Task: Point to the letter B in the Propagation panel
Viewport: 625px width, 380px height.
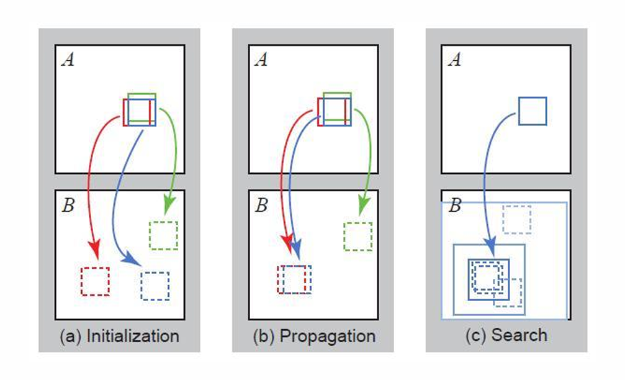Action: pyautogui.click(x=261, y=205)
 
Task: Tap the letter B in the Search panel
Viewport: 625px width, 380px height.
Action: pyautogui.click(x=455, y=205)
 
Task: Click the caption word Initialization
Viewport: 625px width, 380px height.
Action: pyautogui.click(x=133, y=337)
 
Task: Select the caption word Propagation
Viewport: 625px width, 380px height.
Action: pyautogui.click(x=327, y=337)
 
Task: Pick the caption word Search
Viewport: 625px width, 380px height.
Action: pyautogui.click(x=518, y=335)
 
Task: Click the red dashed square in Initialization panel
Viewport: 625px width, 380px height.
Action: pyautogui.click(x=96, y=281)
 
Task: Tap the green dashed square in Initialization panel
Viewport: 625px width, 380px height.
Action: pyautogui.click(x=163, y=235)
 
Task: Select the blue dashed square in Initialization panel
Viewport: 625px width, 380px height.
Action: pyautogui.click(x=155, y=286)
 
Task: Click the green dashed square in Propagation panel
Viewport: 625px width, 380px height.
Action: pyautogui.click(x=358, y=235)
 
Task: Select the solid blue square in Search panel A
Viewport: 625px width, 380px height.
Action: pyautogui.click(x=533, y=111)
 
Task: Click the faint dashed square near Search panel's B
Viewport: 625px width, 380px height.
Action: pyautogui.click(x=516, y=219)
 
